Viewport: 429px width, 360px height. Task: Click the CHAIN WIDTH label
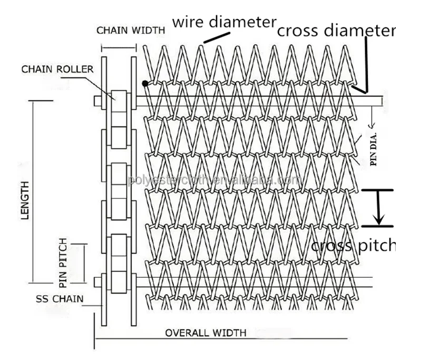click(130, 30)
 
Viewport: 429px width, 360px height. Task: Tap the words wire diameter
click(225, 22)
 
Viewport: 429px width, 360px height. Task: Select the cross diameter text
click(336, 31)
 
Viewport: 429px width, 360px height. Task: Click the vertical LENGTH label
click(24, 200)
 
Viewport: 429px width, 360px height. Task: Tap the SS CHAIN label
click(59, 299)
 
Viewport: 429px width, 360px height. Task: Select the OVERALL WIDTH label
click(205, 333)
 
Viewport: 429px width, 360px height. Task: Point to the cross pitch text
click(353, 245)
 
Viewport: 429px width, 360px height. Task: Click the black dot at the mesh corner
click(144, 83)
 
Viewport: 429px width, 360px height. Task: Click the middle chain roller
click(119, 180)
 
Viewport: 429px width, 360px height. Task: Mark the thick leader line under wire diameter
click(217, 37)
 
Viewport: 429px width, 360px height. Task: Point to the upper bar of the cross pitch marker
click(379, 190)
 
